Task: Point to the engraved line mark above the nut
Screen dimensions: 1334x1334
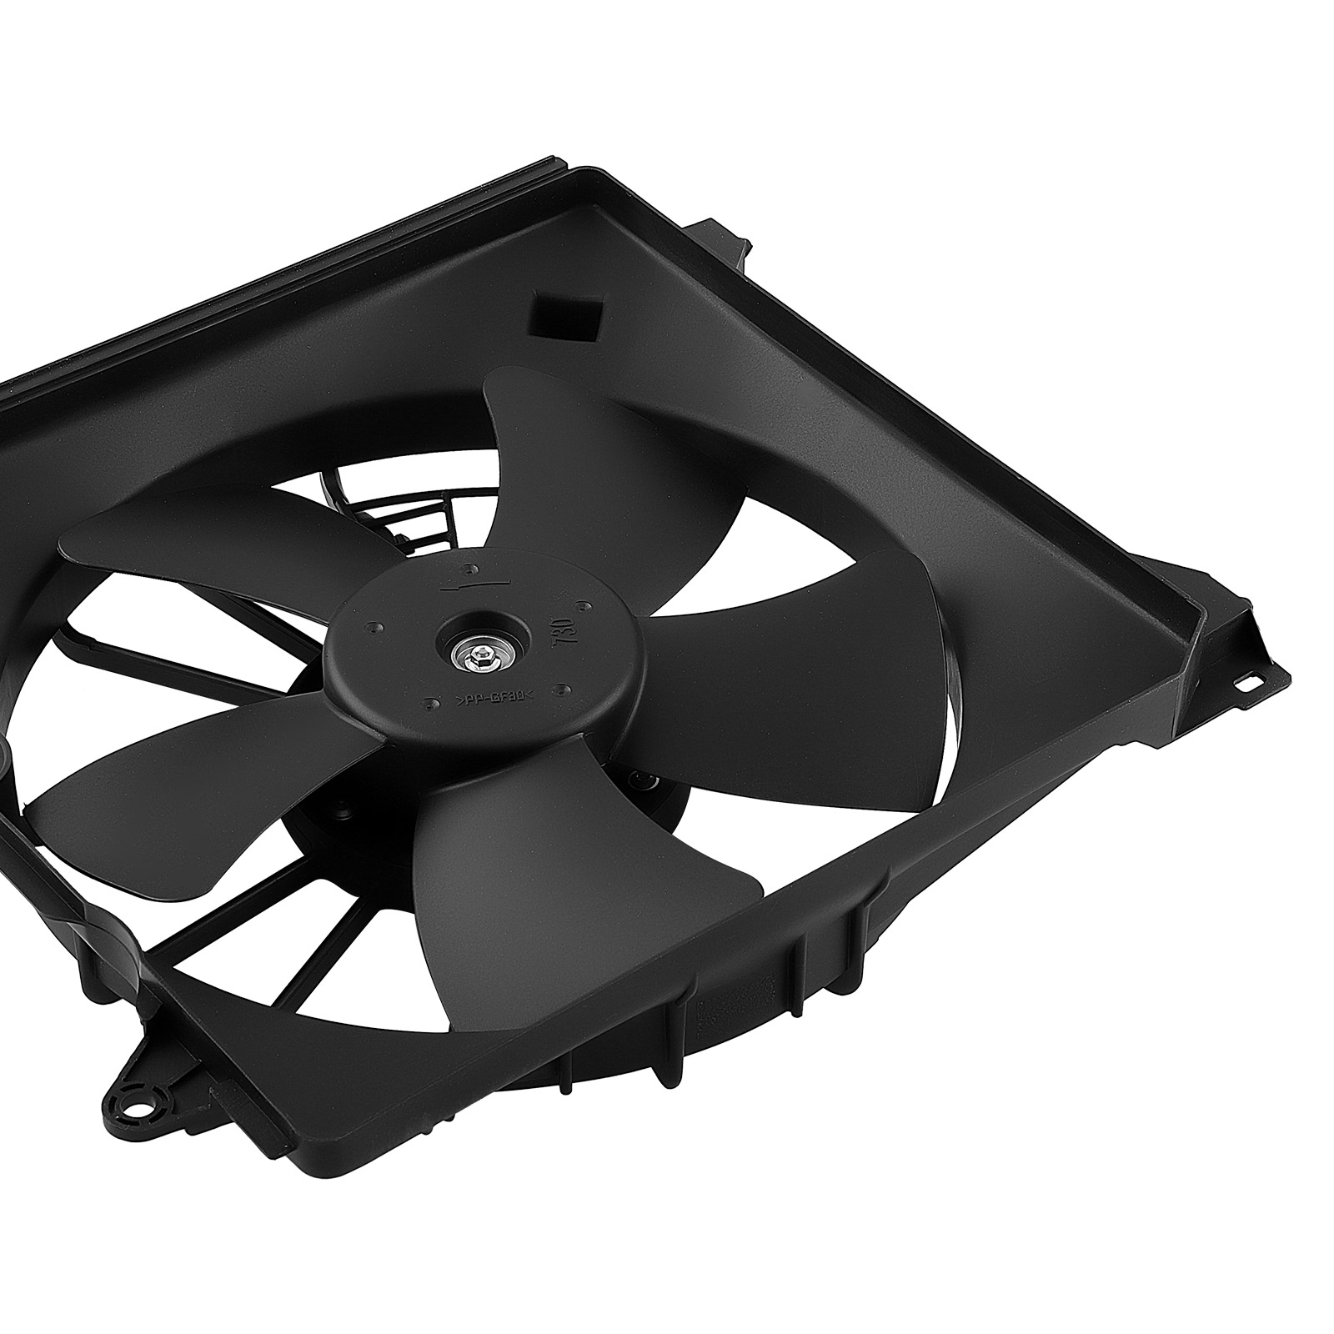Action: tap(472, 587)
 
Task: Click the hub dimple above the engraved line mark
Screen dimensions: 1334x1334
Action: tap(473, 569)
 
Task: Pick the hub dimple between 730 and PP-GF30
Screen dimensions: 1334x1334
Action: tap(565, 687)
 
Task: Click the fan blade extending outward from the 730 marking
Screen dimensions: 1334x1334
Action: tap(800, 667)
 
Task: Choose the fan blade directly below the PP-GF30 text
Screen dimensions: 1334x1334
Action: tap(567, 867)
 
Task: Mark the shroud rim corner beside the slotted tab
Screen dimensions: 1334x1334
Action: tap(1201, 609)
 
